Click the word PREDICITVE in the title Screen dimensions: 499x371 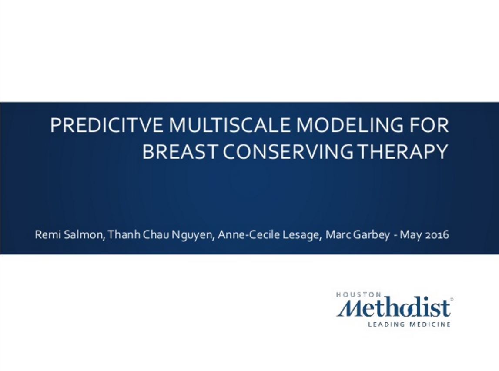click(107, 125)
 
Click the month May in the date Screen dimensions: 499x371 click(411, 235)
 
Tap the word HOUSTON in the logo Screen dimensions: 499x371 click(358, 295)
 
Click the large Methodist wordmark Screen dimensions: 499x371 click(394, 307)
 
